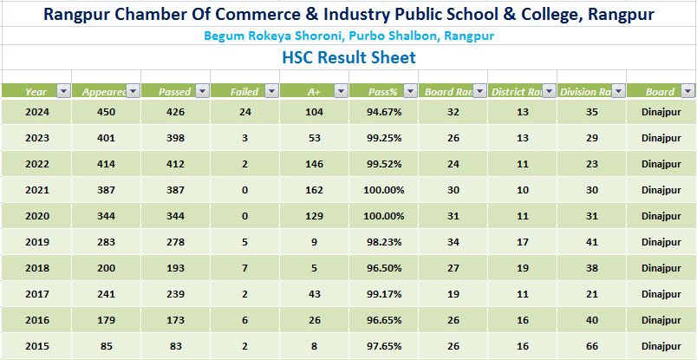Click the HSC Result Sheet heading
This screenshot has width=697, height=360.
(348, 58)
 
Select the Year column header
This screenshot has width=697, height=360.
(36, 91)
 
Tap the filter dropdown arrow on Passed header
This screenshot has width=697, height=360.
(201, 91)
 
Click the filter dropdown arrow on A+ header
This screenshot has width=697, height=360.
(340, 91)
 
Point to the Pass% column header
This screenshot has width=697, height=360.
(382, 91)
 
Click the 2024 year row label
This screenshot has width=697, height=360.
(36, 112)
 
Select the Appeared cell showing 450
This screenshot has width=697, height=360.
(106, 112)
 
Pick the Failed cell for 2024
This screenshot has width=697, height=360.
(244, 112)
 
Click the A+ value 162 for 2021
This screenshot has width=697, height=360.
(314, 190)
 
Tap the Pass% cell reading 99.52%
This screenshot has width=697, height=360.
(383, 164)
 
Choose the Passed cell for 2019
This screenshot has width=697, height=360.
(175, 242)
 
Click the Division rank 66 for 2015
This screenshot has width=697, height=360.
(591, 346)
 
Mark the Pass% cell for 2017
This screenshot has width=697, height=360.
(383, 294)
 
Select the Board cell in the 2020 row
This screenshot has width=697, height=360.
(661, 216)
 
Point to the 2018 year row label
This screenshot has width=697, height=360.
(36, 268)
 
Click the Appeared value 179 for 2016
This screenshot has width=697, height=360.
(106, 320)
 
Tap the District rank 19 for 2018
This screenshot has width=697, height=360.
(522, 268)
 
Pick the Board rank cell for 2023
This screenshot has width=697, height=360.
(453, 138)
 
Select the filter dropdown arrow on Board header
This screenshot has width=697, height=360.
(687, 91)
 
